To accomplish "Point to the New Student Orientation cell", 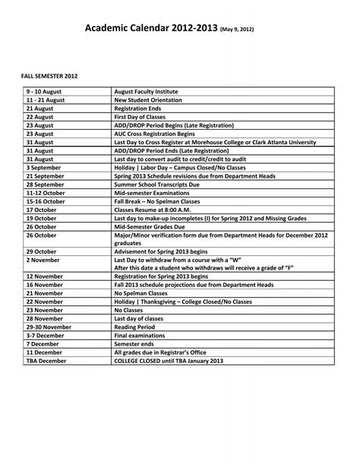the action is point(148,99).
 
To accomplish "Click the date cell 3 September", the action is point(44,167).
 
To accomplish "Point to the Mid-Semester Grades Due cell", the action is point(150,226).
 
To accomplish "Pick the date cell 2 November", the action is point(43,260).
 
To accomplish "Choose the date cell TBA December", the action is point(47,361).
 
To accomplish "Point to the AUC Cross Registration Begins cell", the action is point(156,133).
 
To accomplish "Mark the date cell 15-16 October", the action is point(47,201).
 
